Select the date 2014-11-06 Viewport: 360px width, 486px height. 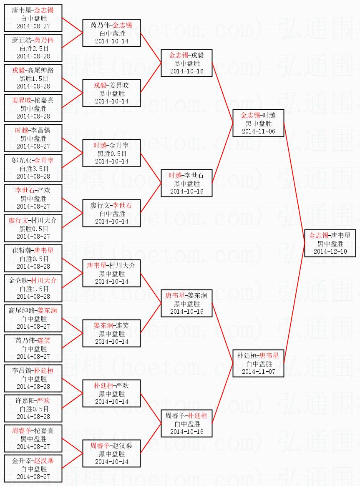click(x=258, y=131)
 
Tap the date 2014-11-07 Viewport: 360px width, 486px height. click(x=258, y=371)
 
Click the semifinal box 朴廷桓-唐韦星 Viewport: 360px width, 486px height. click(x=258, y=363)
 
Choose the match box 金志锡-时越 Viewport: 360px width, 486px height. click(x=258, y=123)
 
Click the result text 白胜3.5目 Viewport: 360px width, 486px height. click(x=33, y=169)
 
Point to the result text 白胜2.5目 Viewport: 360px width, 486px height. click(x=33, y=48)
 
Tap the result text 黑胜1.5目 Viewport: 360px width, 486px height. click(x=33, y=78)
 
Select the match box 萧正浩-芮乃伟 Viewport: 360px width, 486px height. click(x=33, y=48)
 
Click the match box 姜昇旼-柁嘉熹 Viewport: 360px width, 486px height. click(x=33, y=108)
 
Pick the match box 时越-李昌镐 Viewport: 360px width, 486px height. click(x=33, y=138)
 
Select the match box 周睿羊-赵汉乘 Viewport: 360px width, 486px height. click(x=111, y=453)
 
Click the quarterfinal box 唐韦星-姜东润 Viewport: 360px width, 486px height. click(x=186, y=303)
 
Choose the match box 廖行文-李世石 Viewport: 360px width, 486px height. click(x=111, y=213)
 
